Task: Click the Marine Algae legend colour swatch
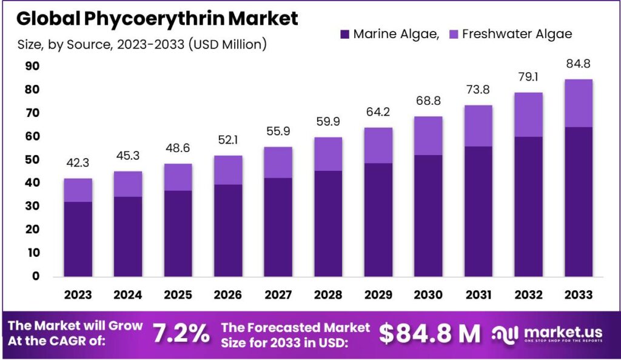pyautogui.click(x=345, y=34)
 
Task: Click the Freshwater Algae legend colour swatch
pyautogui.click(x=453, y=34)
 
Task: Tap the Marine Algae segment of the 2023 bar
pyautogui.click(x=78, y=239)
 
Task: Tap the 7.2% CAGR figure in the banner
pyautogui.click(x=181, y=333)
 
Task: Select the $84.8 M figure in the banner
pyautogui.click(x=429, y=333)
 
